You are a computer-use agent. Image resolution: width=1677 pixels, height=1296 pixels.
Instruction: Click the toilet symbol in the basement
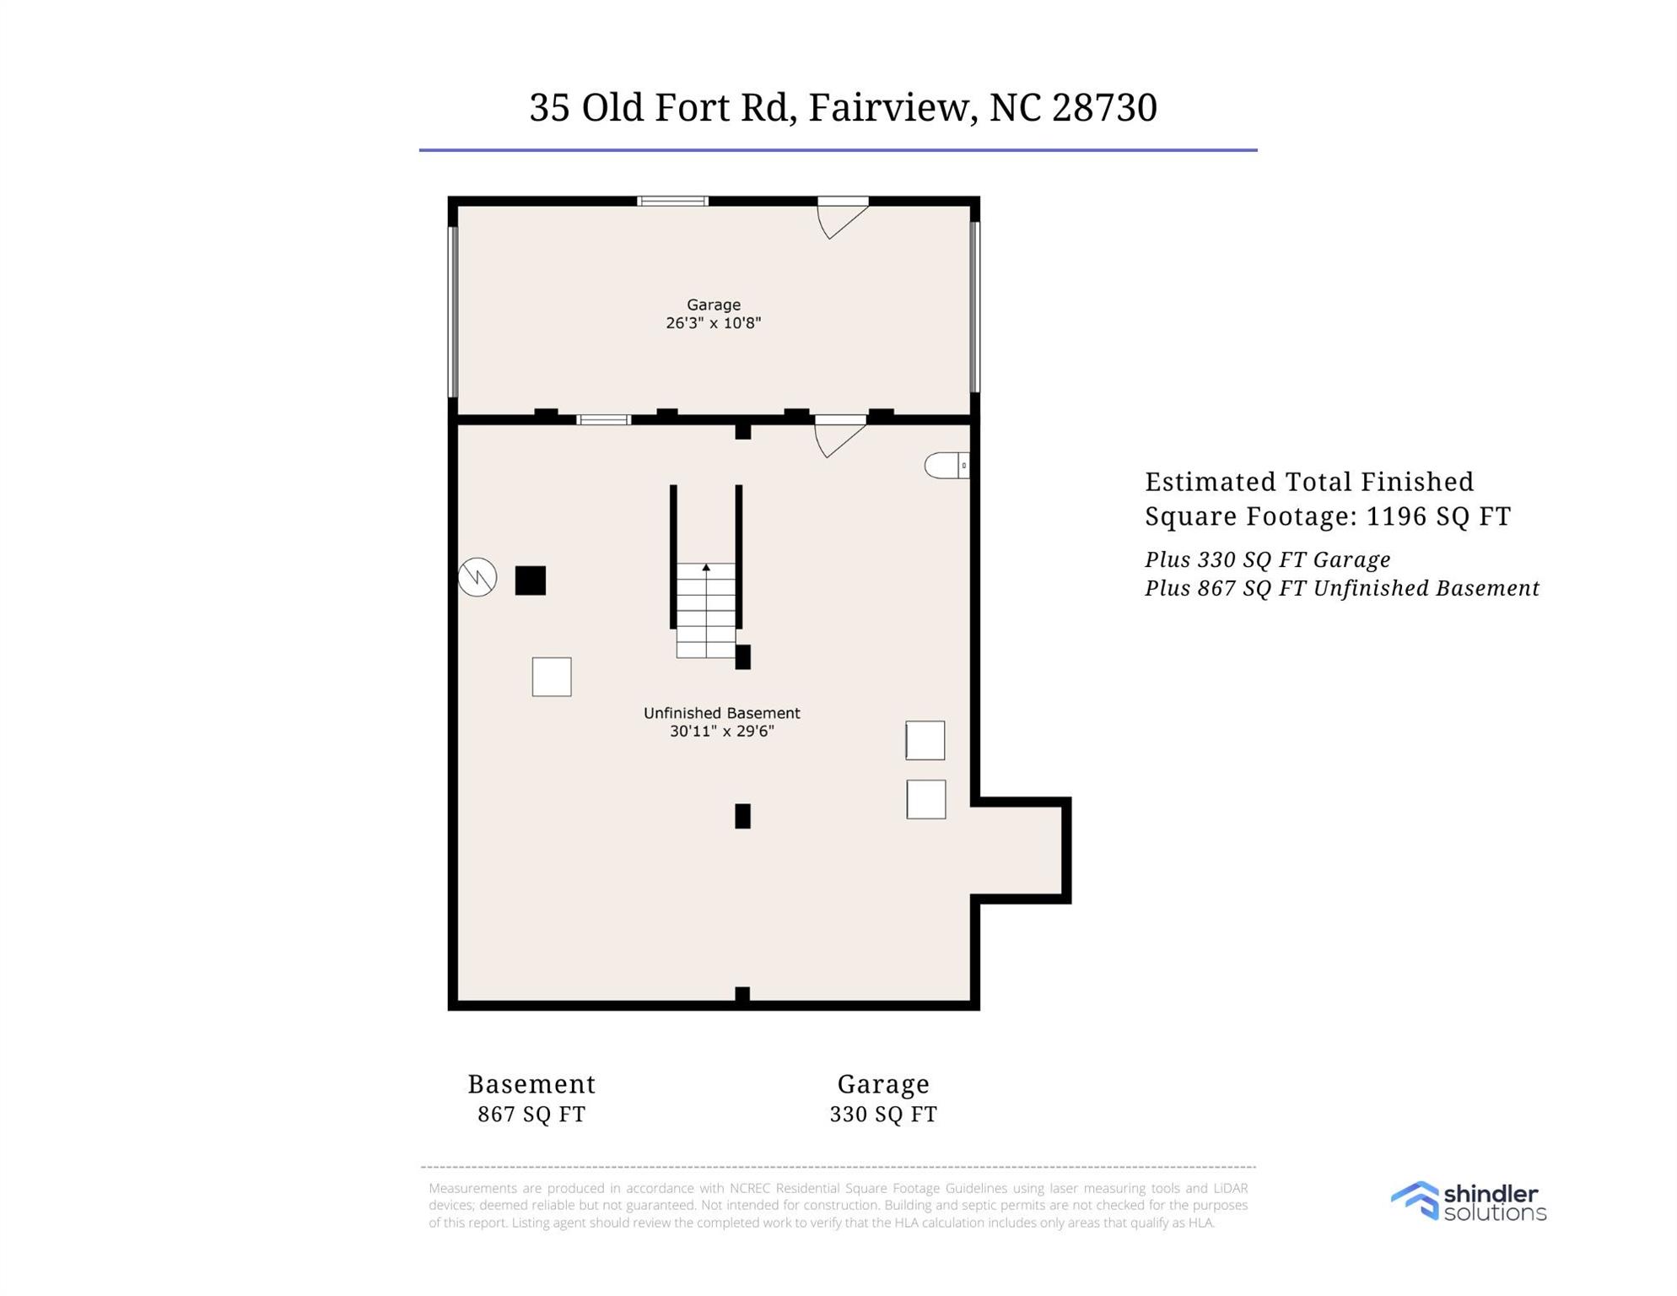[x=946, y=465]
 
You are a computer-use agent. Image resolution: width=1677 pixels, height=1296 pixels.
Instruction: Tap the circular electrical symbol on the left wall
[x=477, y=578]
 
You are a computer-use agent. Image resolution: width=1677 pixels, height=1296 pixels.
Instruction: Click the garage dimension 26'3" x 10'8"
[x=714, y=323]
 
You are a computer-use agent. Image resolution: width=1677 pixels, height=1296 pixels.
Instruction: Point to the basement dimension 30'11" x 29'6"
[x=722, y=732]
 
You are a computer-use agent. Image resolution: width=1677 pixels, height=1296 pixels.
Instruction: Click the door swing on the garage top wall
[x=840, y=219]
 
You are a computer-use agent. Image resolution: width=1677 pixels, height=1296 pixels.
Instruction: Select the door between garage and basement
[x=838, y=437]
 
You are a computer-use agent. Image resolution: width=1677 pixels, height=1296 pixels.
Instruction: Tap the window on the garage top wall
[x=672, y=201]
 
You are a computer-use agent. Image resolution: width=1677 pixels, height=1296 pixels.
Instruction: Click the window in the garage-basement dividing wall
[x=603, y=419]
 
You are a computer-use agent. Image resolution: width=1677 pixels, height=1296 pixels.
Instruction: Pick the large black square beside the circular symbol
[x=531, y=580]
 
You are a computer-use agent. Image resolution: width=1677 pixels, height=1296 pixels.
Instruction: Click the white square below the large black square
[x=552, y=677]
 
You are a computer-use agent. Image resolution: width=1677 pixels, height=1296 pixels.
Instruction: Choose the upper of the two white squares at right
[x=925, y=741]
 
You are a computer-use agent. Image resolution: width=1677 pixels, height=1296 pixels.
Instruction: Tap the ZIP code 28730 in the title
[x=1104, y=108]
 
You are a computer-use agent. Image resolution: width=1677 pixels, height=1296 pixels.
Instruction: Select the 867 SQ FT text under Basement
[x=531, y=1115]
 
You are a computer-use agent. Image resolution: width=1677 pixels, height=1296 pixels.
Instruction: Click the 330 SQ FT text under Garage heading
[x=883, y=1115]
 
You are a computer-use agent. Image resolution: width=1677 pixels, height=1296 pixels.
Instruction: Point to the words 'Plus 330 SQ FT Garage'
[x=1267, y=560]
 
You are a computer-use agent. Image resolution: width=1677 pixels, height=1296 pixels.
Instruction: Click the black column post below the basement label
[x=742, y=816]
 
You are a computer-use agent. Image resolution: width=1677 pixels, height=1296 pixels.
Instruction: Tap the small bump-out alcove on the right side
[x=1019, y=850]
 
